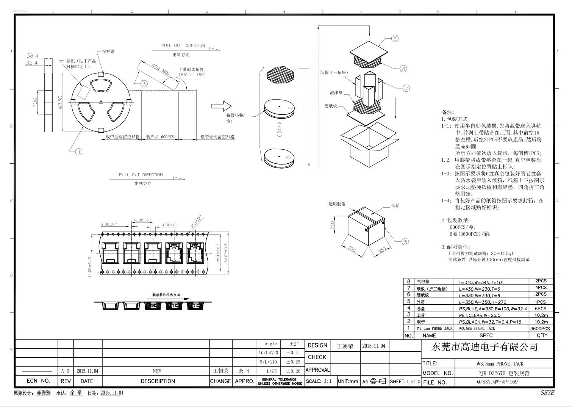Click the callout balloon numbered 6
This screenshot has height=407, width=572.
tap(395, 39)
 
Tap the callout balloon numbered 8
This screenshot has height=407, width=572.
tap(403, 69)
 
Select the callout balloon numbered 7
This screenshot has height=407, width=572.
tap(406, 88)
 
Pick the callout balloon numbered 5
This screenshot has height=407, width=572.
tap(405, 241)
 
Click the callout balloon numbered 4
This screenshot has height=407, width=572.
tap(79, 152)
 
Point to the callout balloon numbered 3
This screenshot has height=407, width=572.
tap(144, 84)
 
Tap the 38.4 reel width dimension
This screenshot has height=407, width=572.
tap(32, 56)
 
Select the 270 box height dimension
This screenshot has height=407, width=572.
tap(333, 226)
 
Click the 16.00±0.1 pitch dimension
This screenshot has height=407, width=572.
tap(142, 220)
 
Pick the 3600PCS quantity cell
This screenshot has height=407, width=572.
tap(540, 329)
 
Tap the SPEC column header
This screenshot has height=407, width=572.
tap(486, 335)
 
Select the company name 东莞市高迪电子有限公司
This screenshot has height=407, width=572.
tap(485, 347)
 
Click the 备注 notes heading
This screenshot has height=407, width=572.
tap(448, 112)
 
